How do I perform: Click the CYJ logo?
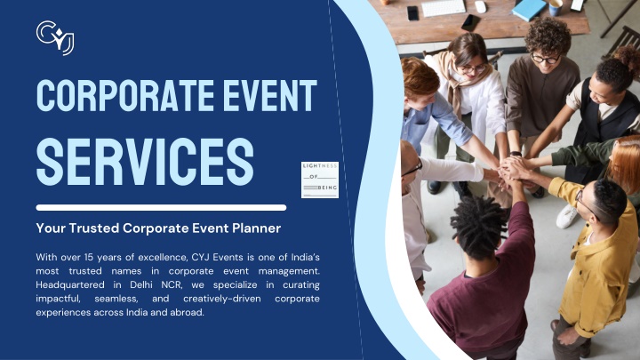[55, 37]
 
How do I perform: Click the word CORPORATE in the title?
[125, 96]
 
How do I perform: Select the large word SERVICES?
[145, 161]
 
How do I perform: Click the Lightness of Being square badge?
[320, 180]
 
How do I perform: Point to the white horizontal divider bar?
[161, 208]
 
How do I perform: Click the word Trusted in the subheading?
[94, 228]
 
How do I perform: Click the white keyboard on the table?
[444, 8]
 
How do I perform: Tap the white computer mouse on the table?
[480, 7]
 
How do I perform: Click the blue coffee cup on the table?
[555, 7]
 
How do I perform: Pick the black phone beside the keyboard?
[412, 13]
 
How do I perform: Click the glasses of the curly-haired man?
[545, 59]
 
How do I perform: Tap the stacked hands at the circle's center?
[511, 170]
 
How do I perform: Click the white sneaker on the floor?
[568, 216]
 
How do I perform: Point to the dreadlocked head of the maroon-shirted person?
[479, 227]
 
